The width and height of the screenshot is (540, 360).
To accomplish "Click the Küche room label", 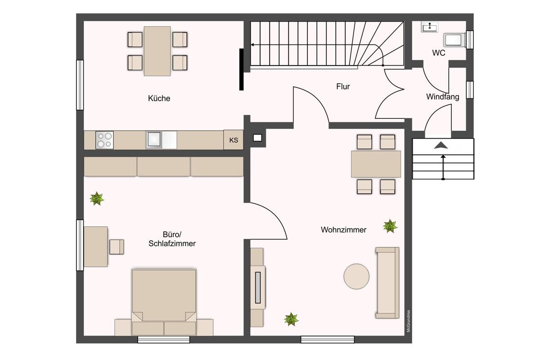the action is (x=159, y=98).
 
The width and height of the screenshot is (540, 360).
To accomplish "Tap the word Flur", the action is (x=343, y=86).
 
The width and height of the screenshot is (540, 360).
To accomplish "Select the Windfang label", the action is (x=442, y=97).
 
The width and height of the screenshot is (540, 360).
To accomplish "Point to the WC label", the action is (x=438, y=53).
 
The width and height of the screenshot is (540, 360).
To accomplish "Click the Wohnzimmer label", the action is (x=343, y=229).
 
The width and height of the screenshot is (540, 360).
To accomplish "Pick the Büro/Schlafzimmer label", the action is (x=172, y=238).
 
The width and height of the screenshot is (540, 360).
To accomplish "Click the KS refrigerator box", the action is (x=234, y=140).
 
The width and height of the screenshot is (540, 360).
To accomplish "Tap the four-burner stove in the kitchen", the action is (x=104, y=140).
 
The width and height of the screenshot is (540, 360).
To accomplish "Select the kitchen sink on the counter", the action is (x=154, y=139).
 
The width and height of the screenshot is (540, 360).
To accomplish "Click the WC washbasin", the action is (x=430, y=27).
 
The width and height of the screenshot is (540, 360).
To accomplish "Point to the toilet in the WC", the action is (x=454, y=40).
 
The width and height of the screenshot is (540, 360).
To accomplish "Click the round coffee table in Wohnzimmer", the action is (x=356, y=276).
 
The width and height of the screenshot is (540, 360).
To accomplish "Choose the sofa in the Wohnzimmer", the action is (x=387, y=283).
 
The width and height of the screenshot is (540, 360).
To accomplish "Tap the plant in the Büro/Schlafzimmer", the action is (x=97, y=198).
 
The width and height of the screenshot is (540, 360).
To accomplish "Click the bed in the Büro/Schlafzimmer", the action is (x=164, y=302).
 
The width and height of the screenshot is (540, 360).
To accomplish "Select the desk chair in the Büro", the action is (x=117, y=247).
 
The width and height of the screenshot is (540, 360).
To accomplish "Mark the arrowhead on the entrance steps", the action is (x=441, y=145).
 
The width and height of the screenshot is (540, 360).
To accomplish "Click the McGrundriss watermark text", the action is (x=409, y=321).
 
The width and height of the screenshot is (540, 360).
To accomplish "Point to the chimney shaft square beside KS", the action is (x=257, y=138).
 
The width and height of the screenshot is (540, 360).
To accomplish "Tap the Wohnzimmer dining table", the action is (x=376, y=164).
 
